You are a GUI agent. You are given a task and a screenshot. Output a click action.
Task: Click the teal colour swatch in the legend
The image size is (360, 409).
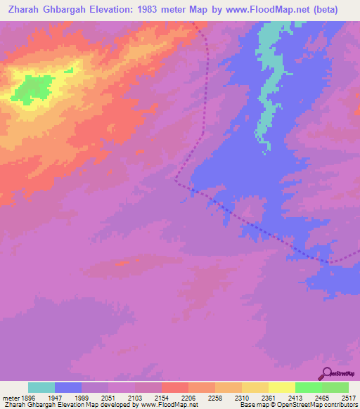click(41, 387)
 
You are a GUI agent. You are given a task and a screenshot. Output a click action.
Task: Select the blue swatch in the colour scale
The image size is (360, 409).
click(68, 387)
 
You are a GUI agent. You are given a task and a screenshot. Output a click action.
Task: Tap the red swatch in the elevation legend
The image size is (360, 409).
click(175, 387)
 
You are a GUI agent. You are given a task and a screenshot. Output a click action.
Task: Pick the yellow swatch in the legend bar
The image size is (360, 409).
click(282, 387)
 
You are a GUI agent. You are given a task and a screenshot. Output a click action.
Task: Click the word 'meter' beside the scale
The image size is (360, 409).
click(10, 398)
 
